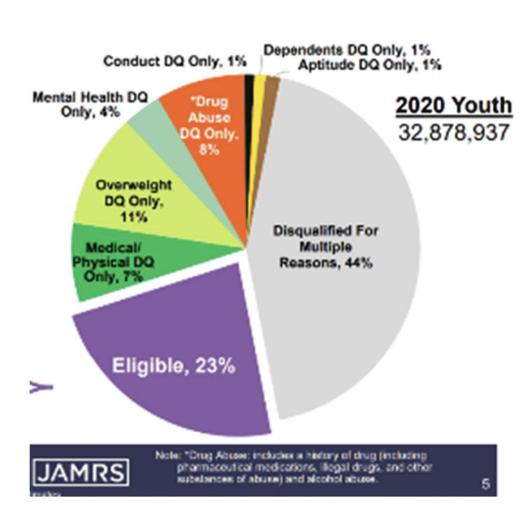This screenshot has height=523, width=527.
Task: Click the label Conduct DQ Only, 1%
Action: click(174, 61)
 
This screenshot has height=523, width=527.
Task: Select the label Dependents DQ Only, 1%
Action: click(347, 50)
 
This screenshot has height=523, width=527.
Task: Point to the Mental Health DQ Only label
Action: click(90, 104)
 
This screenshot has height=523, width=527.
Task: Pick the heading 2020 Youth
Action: click(453, 106)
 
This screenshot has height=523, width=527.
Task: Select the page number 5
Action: click(485, 484)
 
